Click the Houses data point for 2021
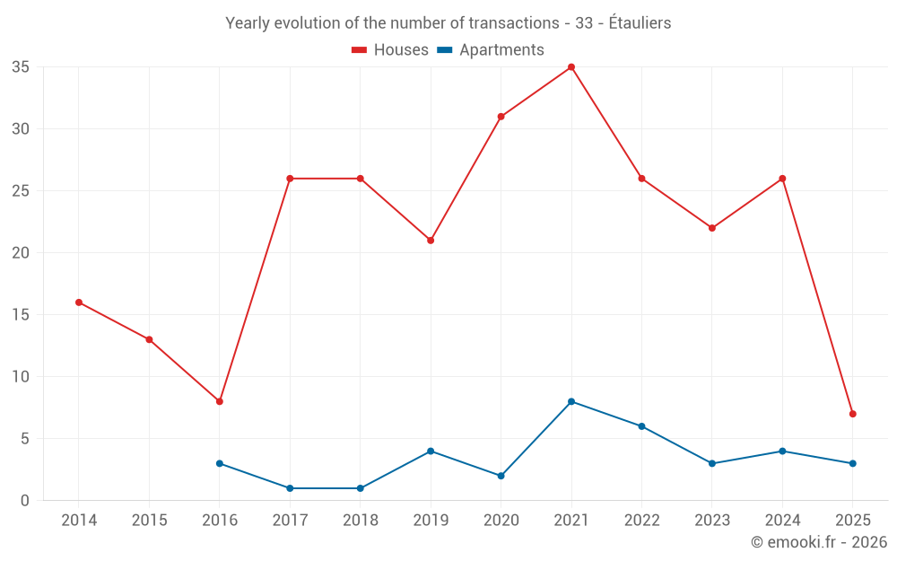[571, 67]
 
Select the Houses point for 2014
[79, 302]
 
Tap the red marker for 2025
[852, 414]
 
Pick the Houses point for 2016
[220, 401]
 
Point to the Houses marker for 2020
[501, 117]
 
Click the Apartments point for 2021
[571, 401]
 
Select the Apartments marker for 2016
[220, 463]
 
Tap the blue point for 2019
[431, 451]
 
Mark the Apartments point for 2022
[641, 426]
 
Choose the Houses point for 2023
[712, 228]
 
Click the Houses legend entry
[390, 50]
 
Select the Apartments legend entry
[491, 50]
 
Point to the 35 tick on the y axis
[21, 67]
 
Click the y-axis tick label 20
[21, 253]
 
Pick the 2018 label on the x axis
[361, 521]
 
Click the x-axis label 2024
[782, 521]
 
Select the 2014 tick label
[79, 521]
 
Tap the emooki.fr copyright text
[819, 542]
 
